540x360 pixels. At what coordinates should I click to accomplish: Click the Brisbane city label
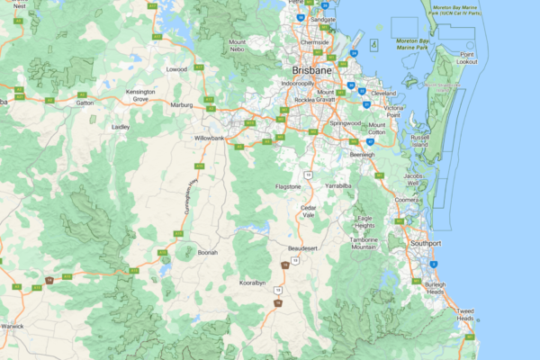point(312,69)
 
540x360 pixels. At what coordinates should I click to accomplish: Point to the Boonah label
point(208,253)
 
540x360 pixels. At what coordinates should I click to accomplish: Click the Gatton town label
point(85,103)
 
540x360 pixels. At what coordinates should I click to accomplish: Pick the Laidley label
point(121,128)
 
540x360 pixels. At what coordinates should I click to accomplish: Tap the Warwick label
point(12,325)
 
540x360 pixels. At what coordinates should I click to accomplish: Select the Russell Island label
point(420,140)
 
